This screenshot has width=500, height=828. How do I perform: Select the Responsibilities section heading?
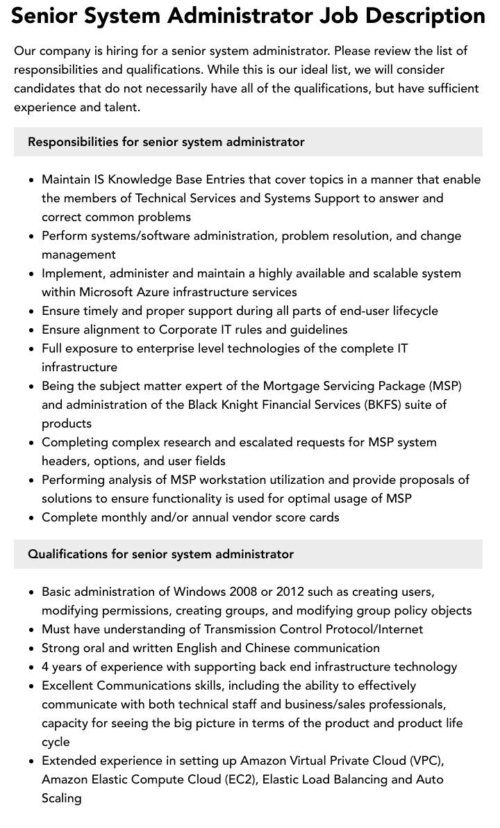166,142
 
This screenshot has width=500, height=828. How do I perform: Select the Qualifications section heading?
160,554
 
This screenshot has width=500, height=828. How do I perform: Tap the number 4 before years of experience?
45,667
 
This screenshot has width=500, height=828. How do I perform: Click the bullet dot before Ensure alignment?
32,330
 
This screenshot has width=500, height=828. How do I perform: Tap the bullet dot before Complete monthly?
32,518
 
